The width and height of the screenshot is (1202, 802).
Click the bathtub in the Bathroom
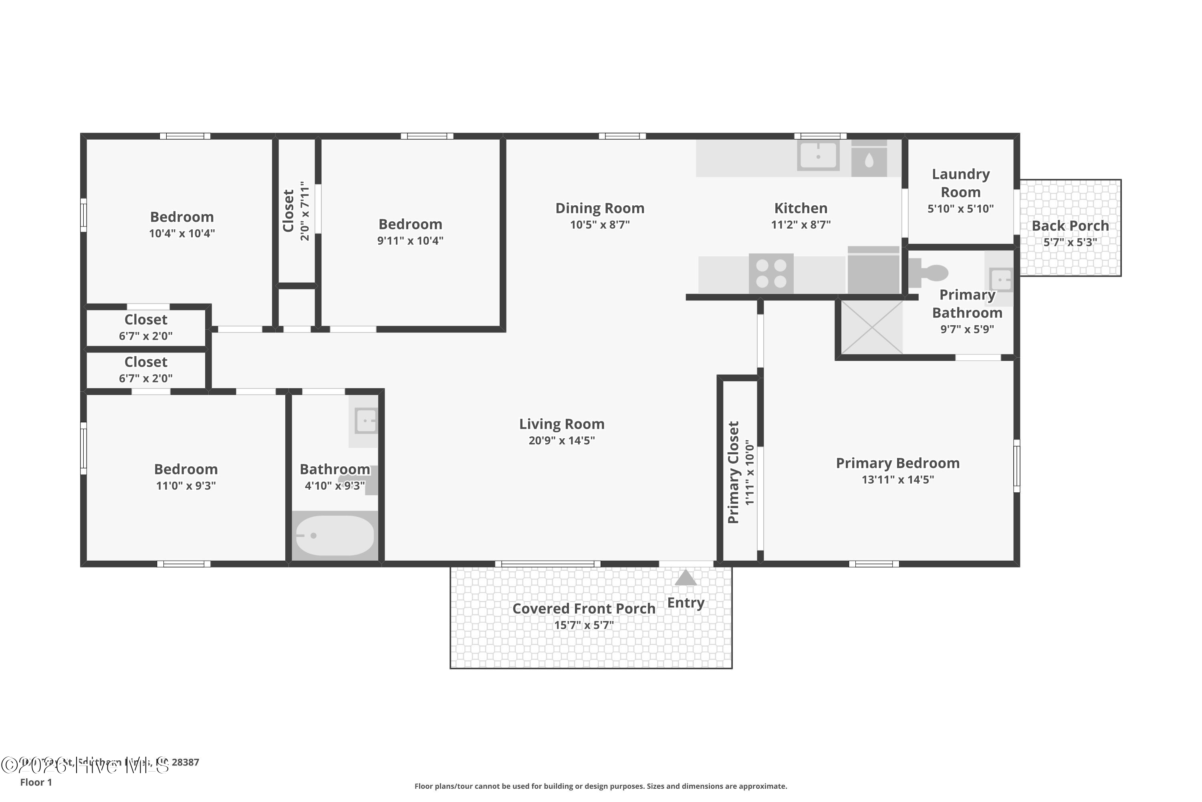[335, 535]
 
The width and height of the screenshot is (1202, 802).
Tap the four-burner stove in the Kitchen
[771, 273]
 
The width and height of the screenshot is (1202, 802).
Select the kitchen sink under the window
[818, 154]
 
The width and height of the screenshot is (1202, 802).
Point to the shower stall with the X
[871, 327]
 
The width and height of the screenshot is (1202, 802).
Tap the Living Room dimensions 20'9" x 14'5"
[562, 440]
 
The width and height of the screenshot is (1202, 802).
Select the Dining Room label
[599, 208]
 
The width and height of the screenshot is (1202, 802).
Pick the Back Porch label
[1070, 225]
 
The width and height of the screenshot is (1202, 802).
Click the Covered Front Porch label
[584, 609]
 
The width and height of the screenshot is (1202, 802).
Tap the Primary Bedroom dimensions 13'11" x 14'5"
[897, 479]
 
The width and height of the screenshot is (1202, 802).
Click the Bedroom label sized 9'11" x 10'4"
[410, 224]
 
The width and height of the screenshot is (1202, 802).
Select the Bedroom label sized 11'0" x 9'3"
[186, 469]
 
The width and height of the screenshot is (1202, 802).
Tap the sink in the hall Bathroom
[366, 421]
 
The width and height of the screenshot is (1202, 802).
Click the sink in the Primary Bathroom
[1000, 279]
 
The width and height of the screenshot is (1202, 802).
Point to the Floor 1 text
[36, 782]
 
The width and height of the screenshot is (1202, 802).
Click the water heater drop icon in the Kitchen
[869, 161]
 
